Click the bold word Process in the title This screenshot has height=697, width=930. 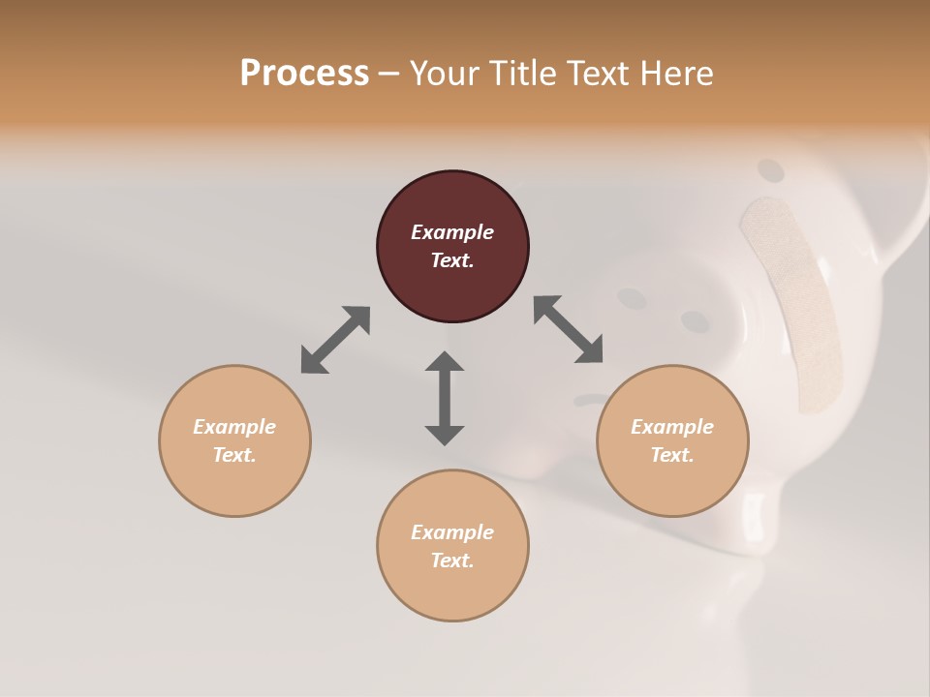click(x=304, y=74)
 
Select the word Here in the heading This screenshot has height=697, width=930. click(x=678, y=74)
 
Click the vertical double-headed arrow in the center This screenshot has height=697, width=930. click(x=445, y=398)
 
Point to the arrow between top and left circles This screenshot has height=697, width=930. click(x=335, y=340)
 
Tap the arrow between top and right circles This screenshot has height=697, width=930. click(x=568, y=329)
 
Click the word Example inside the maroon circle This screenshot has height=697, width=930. click(x=452, y=232)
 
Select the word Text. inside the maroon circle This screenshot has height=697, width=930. click(x=452, y=260)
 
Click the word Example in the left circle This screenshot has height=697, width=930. click(x=234, y=427)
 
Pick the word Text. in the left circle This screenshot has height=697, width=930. click(x=234, y=455)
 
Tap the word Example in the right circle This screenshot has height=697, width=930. click(x=672, y=427)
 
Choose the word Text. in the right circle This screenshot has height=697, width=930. click(x=672, y=455)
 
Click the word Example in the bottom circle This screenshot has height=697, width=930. click(x=452, y=532)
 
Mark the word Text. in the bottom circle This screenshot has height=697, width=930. click(x=452, y=561)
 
